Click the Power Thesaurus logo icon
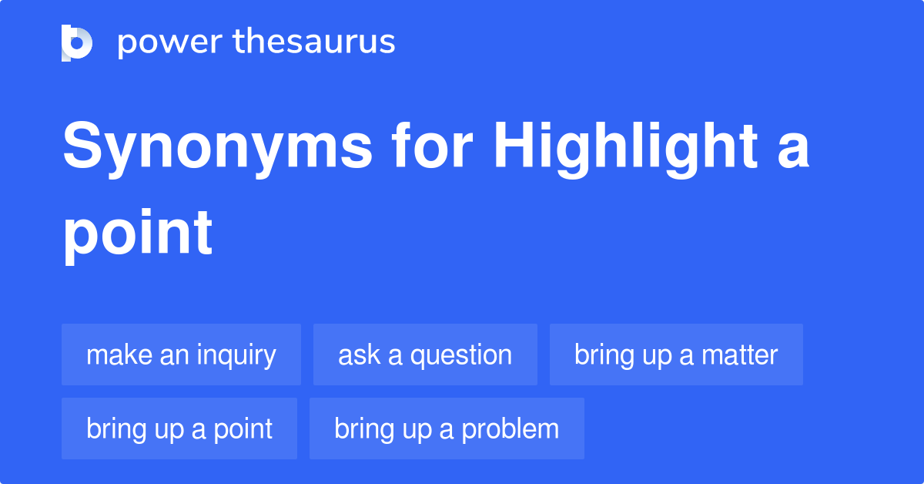point(77,42)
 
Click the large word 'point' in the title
point(138,234)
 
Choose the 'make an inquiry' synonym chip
point(181,355)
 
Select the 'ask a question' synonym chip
point(425,355)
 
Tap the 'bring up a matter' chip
point(676,355)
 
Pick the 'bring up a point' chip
point(179,429)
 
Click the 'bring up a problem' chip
point(447,429)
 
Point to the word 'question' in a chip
point(461,355)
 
